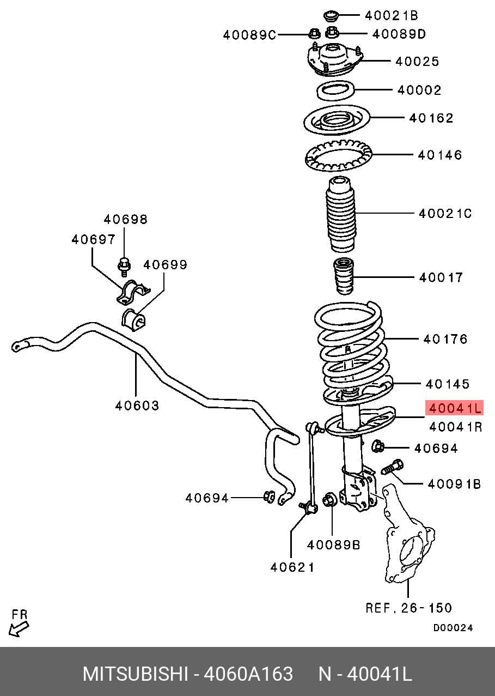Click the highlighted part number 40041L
(455, 408)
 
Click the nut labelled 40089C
(314, 34)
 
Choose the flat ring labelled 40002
(335, 90)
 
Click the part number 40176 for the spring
(445, 339)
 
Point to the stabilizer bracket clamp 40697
(132, 292)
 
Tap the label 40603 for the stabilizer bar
(137, 406)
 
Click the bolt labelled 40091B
(393, 468)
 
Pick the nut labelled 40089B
(329, 499)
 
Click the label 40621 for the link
(292, 567)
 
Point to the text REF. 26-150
(408, 608)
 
